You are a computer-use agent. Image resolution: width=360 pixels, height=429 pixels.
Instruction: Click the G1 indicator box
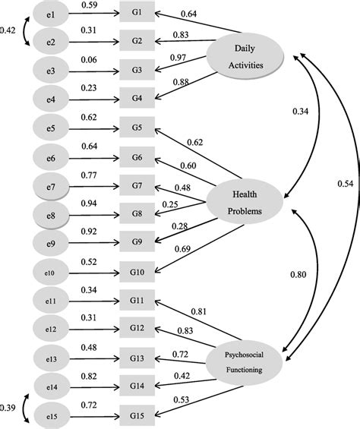[x=137, y=13]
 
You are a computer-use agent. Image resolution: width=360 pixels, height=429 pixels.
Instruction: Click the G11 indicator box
[x=137, y=301]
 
